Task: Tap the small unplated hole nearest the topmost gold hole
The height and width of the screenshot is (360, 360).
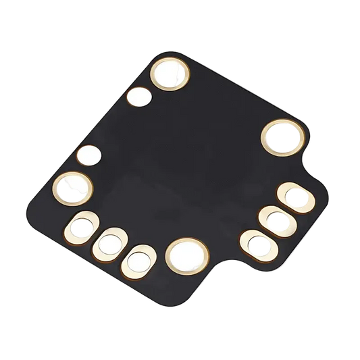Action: click(x=140, y=99)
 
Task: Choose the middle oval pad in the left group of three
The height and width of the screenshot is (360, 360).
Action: click(x=109, y=244)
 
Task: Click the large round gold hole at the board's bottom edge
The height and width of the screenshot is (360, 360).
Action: click(x=185, y=255)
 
